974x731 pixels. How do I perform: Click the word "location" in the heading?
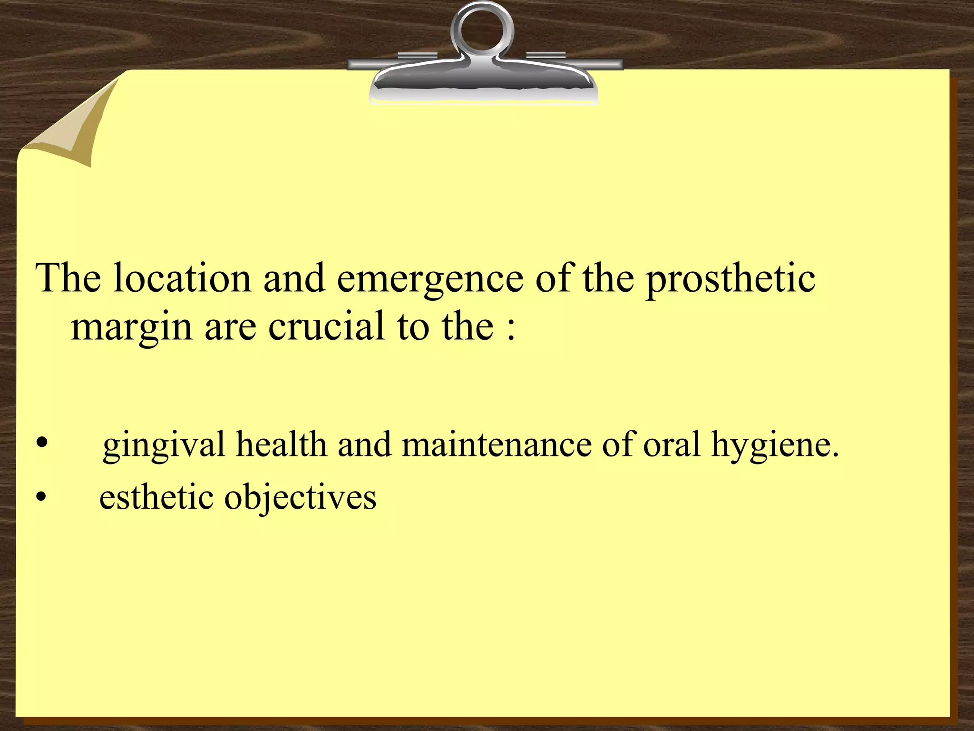182,278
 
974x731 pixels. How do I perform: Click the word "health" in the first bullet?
282,444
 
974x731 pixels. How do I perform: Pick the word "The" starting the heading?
68,278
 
